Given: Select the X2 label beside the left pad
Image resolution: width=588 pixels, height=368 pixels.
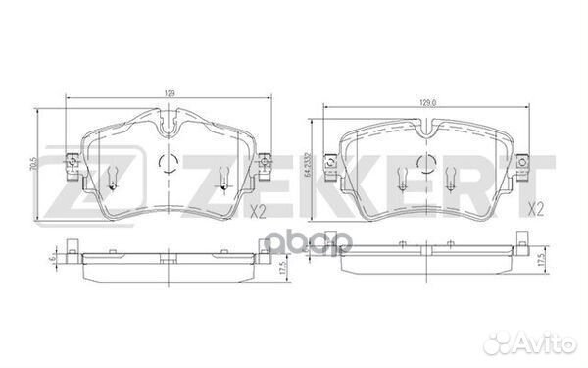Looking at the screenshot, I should click(x=259, y=211).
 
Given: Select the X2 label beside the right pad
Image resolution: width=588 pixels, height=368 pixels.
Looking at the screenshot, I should click(x=537, y=209).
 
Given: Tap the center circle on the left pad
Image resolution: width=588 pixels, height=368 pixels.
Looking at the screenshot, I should click(x=165, y=164).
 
